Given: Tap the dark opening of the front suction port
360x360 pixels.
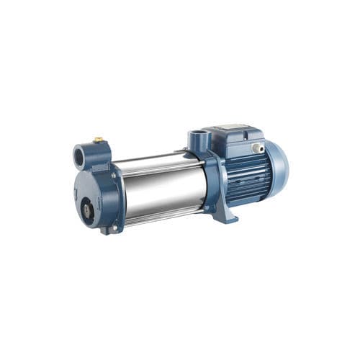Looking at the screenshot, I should [x=81, y=155].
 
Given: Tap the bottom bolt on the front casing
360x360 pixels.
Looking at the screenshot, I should [x=111, y=229].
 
